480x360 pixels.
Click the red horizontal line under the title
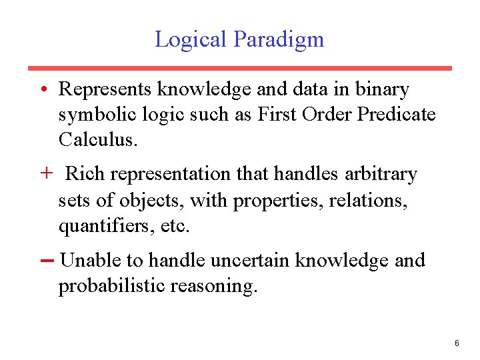tap(239, 68)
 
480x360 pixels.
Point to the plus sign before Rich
tap(46, 174)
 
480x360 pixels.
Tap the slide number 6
tap(457, 343)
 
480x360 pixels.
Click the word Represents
tap(106, 89)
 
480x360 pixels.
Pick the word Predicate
tap(397, 115)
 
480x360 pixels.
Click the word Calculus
tap(97, 140)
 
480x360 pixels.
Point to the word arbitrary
tap(381, 174)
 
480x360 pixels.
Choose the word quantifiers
tap(99, 227)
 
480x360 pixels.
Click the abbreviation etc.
tap(175, 227)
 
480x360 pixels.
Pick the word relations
tap(370, 200)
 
